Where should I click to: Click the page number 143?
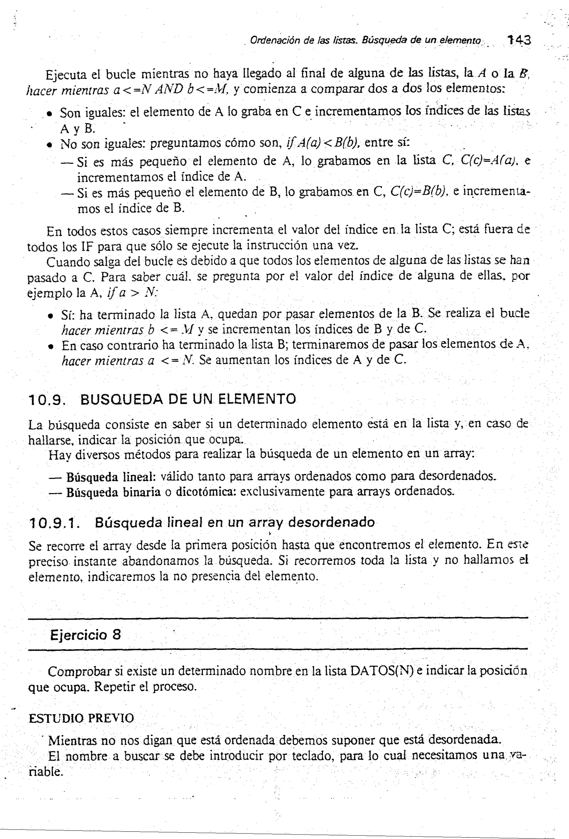tap(519, 40)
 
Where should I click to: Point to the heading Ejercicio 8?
tap(86, 635)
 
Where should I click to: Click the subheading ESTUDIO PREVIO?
tap(81, 718)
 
